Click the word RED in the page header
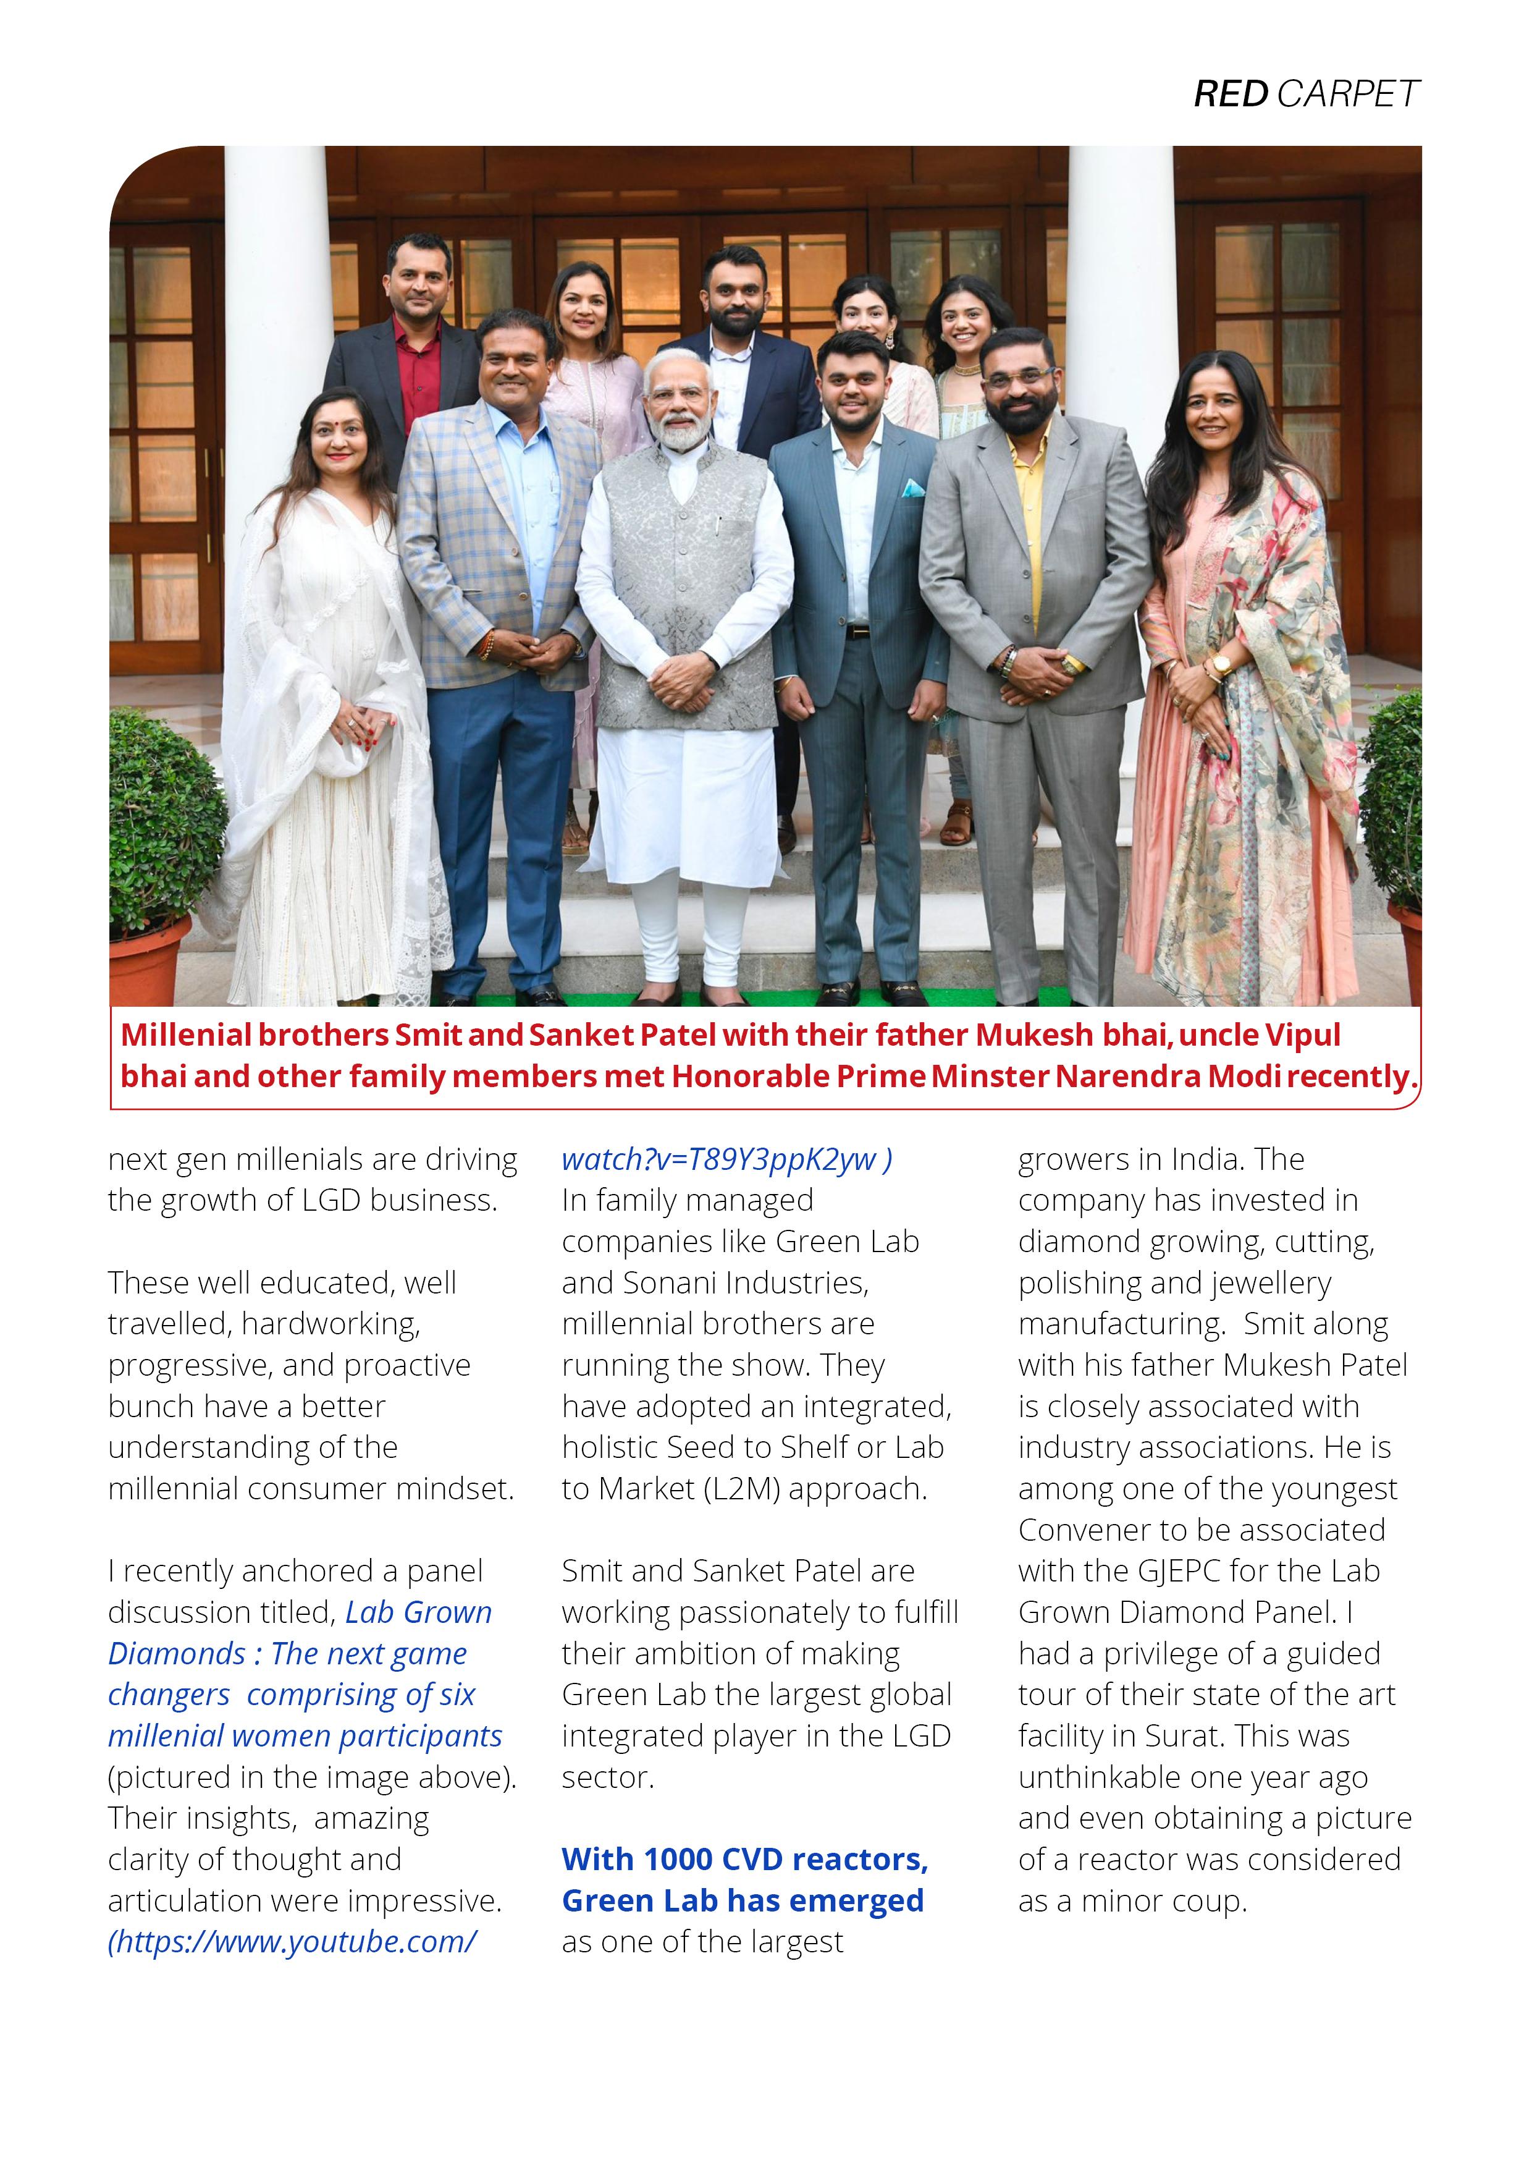pyautogui.click(x=1231, y=95)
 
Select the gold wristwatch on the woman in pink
pyautogui.click(x=1221, y=663)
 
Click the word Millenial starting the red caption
pyautogui.click(x=187, y=1035)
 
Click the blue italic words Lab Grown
pyautogui.click(x=418, y=1613)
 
